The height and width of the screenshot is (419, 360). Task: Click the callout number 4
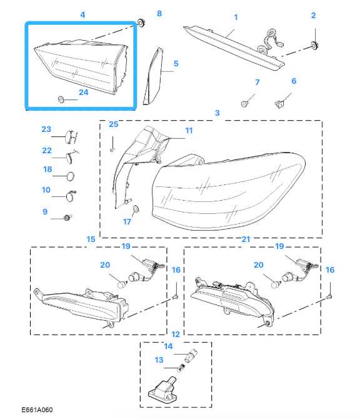click(82, 15)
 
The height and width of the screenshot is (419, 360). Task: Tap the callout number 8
click(159, 13)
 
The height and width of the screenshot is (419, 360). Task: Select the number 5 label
click(176, 64)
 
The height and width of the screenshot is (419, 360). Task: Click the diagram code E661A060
click(37, 410)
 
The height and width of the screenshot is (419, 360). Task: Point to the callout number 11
click(189, 131)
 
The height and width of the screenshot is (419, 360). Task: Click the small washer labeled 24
click(61, 99)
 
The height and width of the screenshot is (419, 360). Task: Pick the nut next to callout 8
click(141, 23)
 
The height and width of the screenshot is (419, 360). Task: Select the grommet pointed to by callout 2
click(314, 46)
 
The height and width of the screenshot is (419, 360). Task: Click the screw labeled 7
click(244, 103)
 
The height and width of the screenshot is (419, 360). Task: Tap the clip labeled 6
click(279, 103)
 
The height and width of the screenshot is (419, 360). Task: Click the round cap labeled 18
click(71, 176)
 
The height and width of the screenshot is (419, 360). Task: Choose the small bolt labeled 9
click(67, 218)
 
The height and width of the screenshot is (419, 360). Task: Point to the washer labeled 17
click(136, 208)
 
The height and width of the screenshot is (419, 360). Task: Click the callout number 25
click(114, 124)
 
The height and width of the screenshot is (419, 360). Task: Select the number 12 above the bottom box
click(176, 335)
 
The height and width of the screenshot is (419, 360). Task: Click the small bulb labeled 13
click(181, 368)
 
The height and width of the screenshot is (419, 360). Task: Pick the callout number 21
click(246, 239)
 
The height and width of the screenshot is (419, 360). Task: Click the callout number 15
click(91, 239)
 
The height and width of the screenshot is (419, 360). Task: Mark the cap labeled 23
click(70, 136)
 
